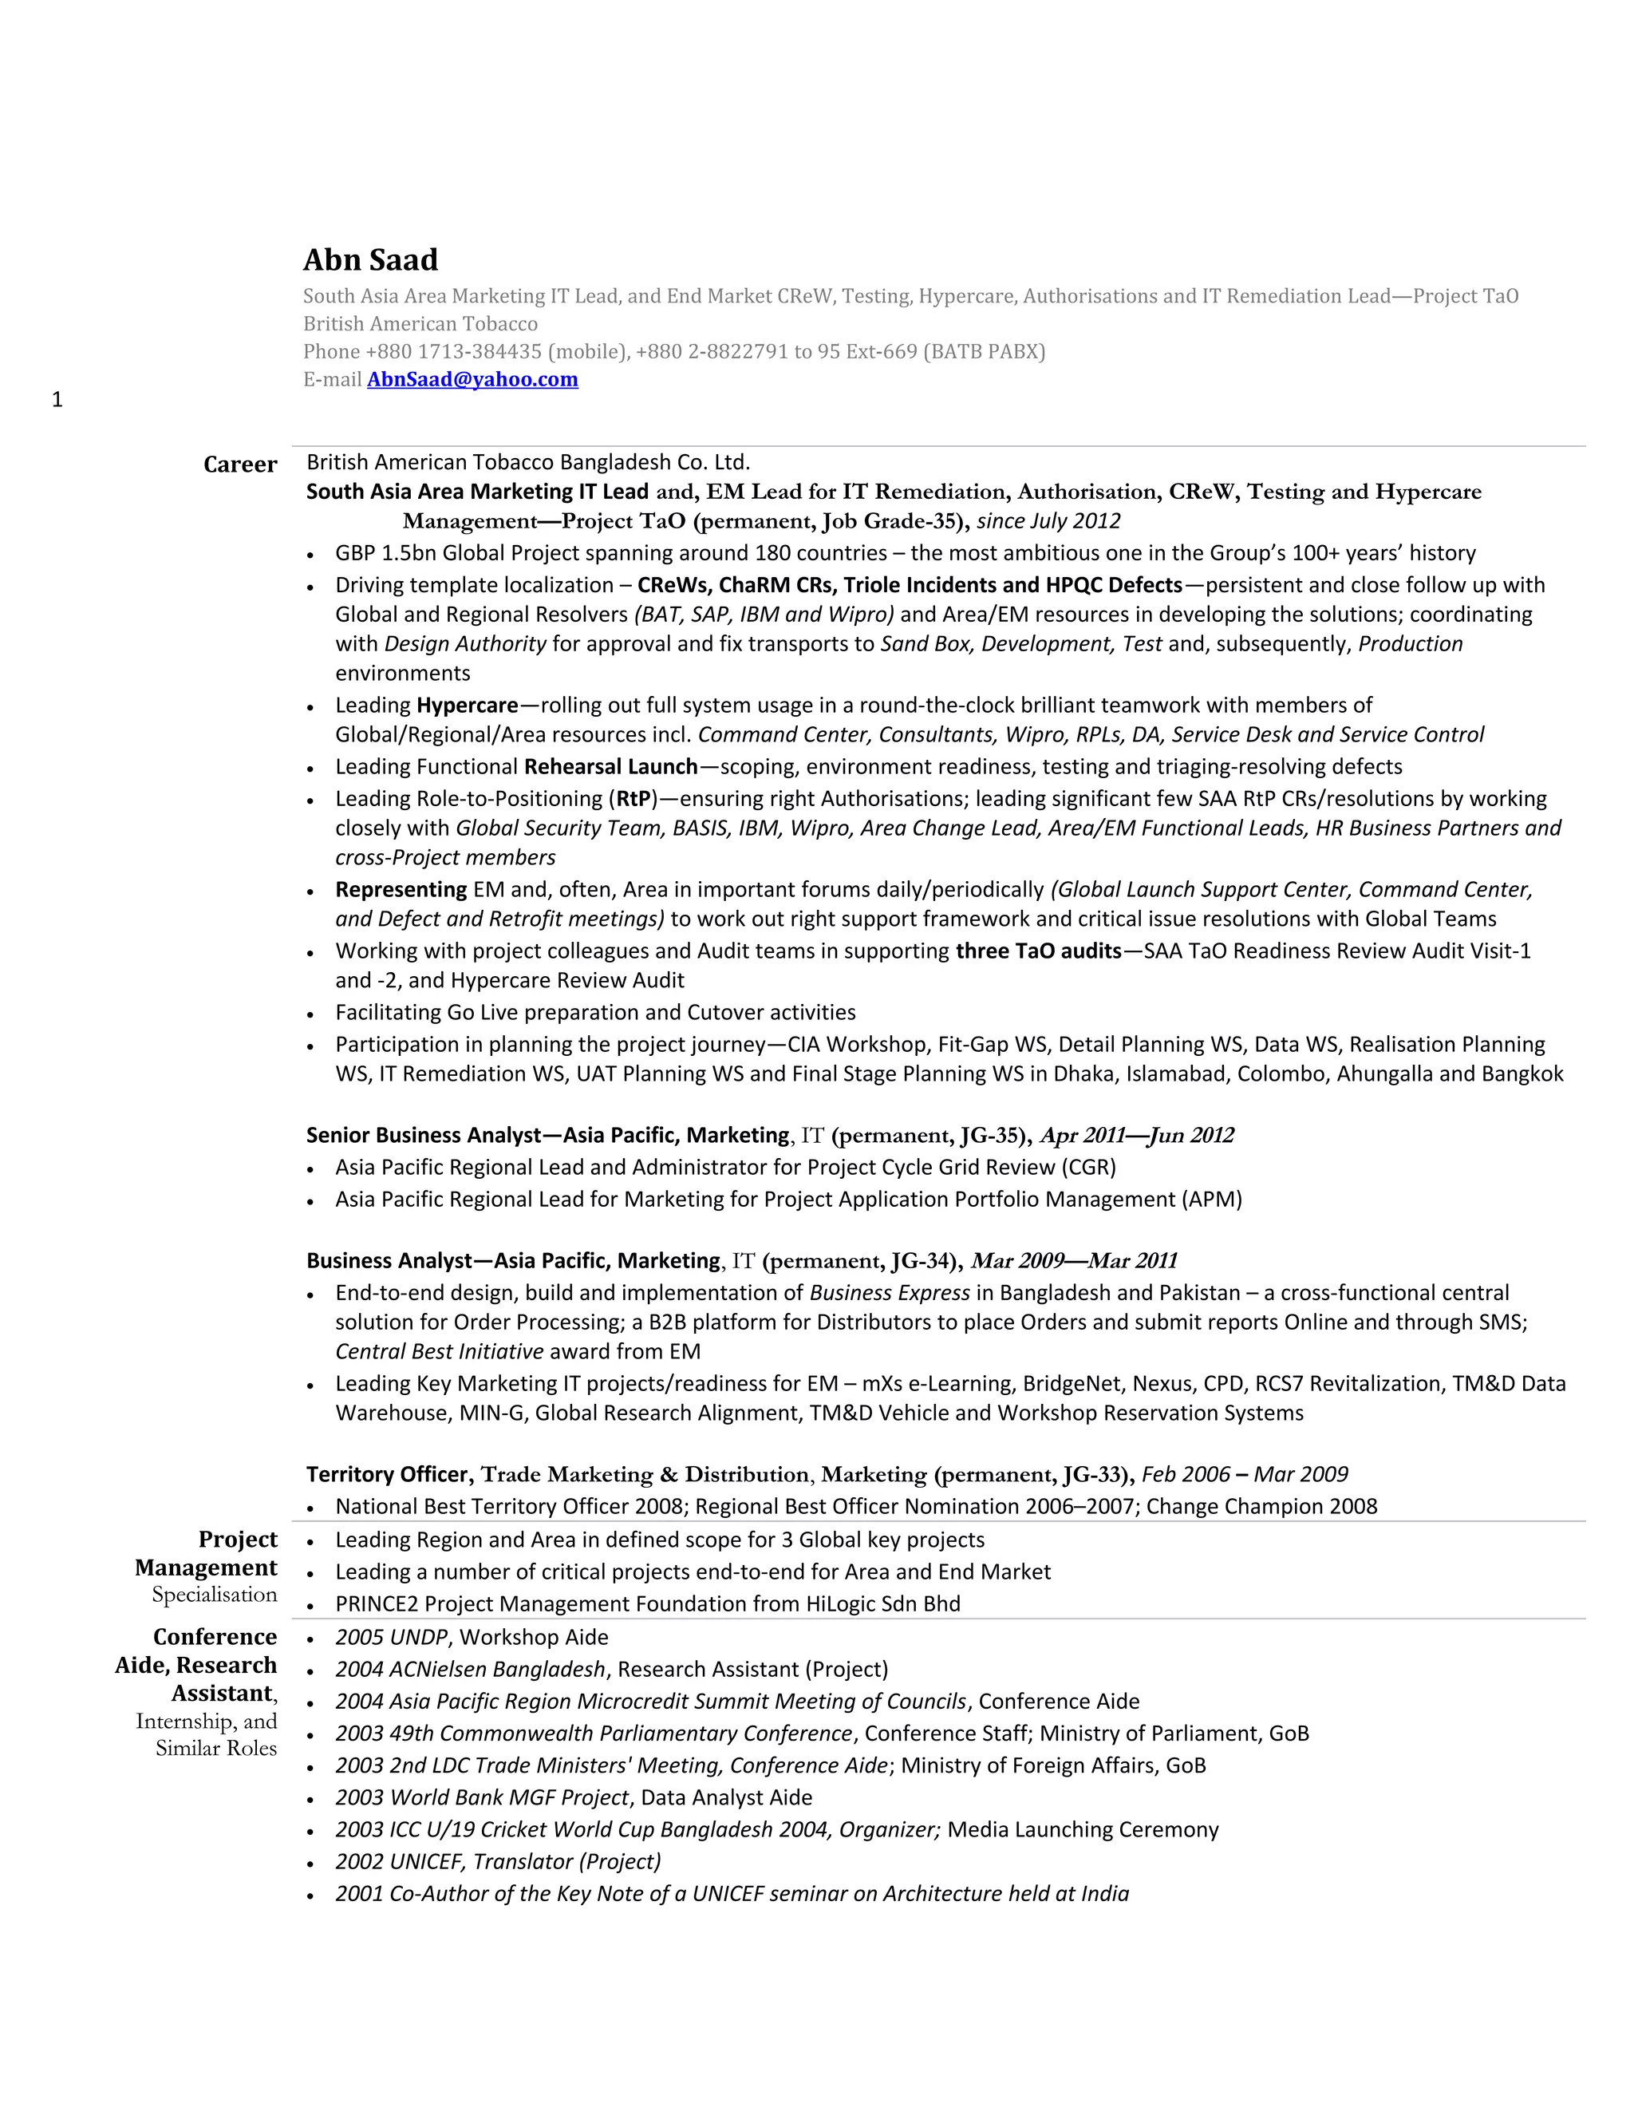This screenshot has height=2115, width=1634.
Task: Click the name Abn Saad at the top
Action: (x=371, y=259)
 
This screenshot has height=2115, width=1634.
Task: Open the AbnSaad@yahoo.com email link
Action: (x=472, y=380)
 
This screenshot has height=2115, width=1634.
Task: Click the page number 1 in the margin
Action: (x=57, y=400)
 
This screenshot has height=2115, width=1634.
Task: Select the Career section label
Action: (x=240, y=465)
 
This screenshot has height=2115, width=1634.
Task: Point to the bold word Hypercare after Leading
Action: (x=467, y=705)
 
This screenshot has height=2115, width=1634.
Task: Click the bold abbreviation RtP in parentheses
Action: (x=633, y=799)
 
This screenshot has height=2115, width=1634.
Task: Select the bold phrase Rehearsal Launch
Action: (x=611, y=767)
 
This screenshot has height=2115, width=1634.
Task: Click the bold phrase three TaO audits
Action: (x=1039, y=951)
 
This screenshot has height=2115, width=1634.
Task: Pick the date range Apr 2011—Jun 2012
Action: (x=1136, y=1135)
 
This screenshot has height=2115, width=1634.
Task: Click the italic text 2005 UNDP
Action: (x=391, y=1638)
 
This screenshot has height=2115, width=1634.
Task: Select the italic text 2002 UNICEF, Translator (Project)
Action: (x=498, y=1861)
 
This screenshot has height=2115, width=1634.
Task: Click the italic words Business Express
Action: (x=890, y=1293)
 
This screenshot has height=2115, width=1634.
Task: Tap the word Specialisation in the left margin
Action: (x=214, y=1595)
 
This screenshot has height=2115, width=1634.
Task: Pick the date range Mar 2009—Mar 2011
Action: (x=1074, y=1261)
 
